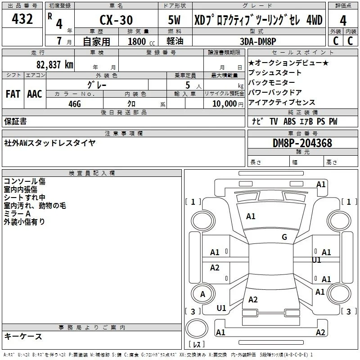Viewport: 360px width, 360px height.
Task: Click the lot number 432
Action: tap(22, 19)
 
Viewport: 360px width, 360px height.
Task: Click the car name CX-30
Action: tap(116, 20)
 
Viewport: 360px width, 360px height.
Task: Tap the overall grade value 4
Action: tap(343, 21)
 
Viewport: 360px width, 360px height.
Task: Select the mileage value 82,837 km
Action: tap(54, 64)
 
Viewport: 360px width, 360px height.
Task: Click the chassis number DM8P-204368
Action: tap(302, 143)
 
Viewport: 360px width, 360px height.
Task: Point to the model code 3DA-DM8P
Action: tap(258, 41)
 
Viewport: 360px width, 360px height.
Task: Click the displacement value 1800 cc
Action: tap(141, 41)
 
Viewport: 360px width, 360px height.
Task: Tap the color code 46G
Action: tap(75, 104)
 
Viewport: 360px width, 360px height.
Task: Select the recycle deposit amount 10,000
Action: tap(225, 103)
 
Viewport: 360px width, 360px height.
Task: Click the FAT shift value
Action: tap(13, 94)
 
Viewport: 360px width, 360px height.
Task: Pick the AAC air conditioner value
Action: tap(35, 94)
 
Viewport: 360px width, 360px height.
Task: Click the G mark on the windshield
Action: tap(284, 237)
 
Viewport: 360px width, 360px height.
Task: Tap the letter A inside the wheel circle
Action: tap(202, 294)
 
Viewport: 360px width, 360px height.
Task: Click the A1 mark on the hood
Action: tap(251, 216)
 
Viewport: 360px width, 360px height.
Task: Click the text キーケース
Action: tap(23, 336)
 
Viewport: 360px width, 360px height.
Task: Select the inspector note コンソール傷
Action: tap(25, 181)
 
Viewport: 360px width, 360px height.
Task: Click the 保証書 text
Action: tap(15, 121)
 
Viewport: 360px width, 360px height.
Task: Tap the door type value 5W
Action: tap(174, 20)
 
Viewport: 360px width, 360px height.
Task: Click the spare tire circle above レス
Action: tap(197, 328)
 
